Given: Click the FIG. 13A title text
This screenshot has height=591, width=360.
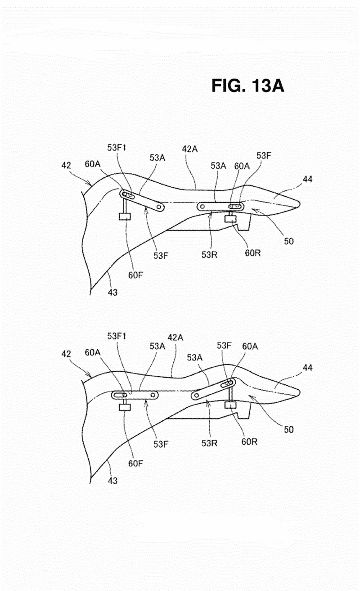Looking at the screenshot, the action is coord(247,86).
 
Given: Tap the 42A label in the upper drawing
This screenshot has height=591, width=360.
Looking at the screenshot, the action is coord(189,149).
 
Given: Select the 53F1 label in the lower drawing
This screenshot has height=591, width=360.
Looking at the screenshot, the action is coord(117,336).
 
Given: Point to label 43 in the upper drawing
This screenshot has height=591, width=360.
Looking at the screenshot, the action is coord(112,292).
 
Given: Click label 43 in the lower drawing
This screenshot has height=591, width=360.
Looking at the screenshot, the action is coord(112,481).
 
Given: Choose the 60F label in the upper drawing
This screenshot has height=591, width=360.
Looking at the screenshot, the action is coord(135,275).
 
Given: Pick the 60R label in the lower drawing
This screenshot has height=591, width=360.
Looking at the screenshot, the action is coord(249,442).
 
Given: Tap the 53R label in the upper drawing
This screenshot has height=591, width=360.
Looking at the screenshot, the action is coord(209,255).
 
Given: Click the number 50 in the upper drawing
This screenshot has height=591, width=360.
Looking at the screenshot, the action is coord(289,241).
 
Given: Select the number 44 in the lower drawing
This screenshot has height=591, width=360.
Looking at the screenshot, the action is coord(307,368).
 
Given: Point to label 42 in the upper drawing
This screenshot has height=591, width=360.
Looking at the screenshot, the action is coord(66,166).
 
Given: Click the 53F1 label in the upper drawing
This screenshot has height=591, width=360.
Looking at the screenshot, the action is coord(117,148).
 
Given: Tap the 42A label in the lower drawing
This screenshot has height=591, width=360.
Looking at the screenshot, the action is coord(175,338).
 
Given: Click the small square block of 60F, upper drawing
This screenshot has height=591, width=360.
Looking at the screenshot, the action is coord(125,217).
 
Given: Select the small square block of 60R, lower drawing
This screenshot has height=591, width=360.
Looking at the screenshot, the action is coord(230,405).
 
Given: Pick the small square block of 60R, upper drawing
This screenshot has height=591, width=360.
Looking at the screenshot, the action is coord(230,218).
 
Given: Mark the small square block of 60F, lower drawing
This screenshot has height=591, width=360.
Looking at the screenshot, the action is coord(125,407).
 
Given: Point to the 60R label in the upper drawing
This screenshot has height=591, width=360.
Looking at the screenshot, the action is coord(252,253).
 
